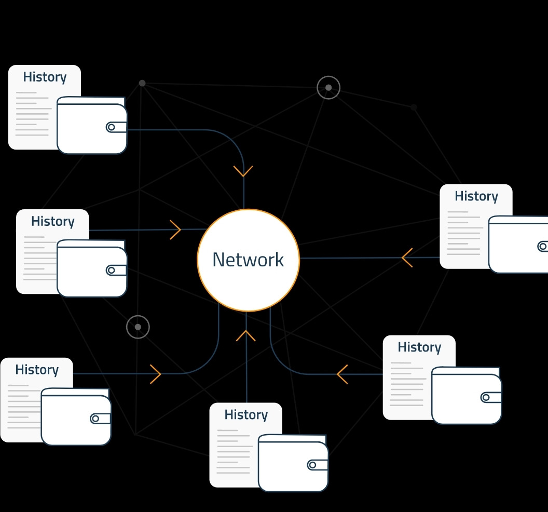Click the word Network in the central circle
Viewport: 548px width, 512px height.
[248, 260]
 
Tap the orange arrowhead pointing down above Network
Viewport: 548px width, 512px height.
[243, 171]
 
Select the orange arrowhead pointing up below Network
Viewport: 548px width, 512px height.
[246, 335]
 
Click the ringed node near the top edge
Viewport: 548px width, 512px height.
[328, 88]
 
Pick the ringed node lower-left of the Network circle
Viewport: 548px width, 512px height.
[138, 327]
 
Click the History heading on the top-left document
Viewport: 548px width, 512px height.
[45, 77]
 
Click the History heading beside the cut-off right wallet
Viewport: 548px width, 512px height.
[476, 196]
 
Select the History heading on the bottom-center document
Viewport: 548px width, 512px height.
[246, 415]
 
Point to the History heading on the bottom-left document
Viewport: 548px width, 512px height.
[37, 370]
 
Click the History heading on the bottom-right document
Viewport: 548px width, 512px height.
[419, 347]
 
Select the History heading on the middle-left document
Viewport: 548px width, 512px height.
[52, 221]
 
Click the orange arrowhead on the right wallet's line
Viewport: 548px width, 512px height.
[407, 258]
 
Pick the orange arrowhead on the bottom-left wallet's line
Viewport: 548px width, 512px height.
[156, 374]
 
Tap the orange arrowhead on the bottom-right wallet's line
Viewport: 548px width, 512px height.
[342, 374]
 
